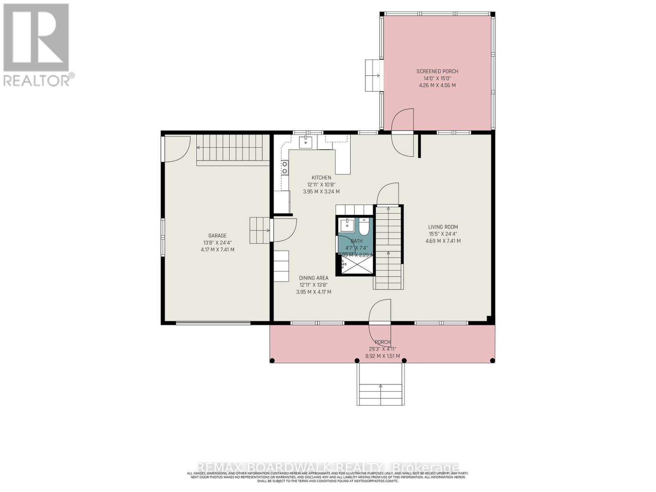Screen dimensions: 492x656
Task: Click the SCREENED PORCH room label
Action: click(x=437, y=71)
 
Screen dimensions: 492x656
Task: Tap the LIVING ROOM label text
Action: click(x=443, y=227)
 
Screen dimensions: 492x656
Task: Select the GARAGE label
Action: click(x=217, y=235)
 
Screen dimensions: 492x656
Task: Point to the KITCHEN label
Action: click(x=321, y=178)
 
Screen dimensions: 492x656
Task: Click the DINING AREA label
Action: click(x=314, y=278)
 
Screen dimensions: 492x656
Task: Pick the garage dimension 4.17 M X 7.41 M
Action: click(x=217, y=249)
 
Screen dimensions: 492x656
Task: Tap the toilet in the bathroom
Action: click(x=364, y=226)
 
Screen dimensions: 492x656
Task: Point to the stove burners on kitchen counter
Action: click(x=284, y=168)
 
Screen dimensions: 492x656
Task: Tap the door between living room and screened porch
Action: click(x=403, y=131)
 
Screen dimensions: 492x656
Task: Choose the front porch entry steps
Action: click(x=380, y=385)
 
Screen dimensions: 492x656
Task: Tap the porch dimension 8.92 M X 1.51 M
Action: click(x=382, y=356)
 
